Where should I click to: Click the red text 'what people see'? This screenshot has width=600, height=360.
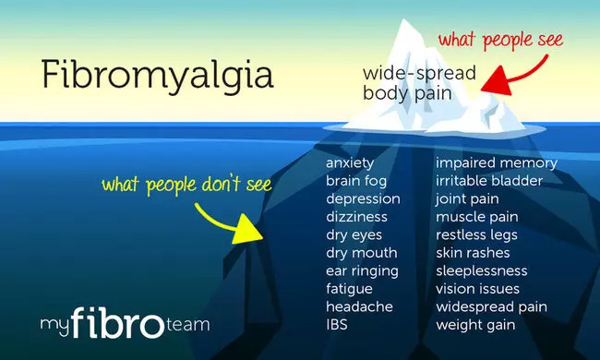tap(498, 42)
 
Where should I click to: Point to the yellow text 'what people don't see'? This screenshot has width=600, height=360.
tap(186, 184)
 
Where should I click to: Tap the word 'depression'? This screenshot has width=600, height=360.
tap(363, 199)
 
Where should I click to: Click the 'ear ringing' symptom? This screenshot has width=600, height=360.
tap(362, 271)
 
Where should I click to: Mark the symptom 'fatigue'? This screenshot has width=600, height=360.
tap(349, 289)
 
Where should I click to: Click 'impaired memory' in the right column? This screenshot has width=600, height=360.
tap(497, 163)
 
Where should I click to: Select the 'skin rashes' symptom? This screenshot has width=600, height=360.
tap(473, 253)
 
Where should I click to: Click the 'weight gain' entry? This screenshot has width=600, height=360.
tap(475, 325)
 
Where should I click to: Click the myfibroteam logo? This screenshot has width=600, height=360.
tap(124, 324)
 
